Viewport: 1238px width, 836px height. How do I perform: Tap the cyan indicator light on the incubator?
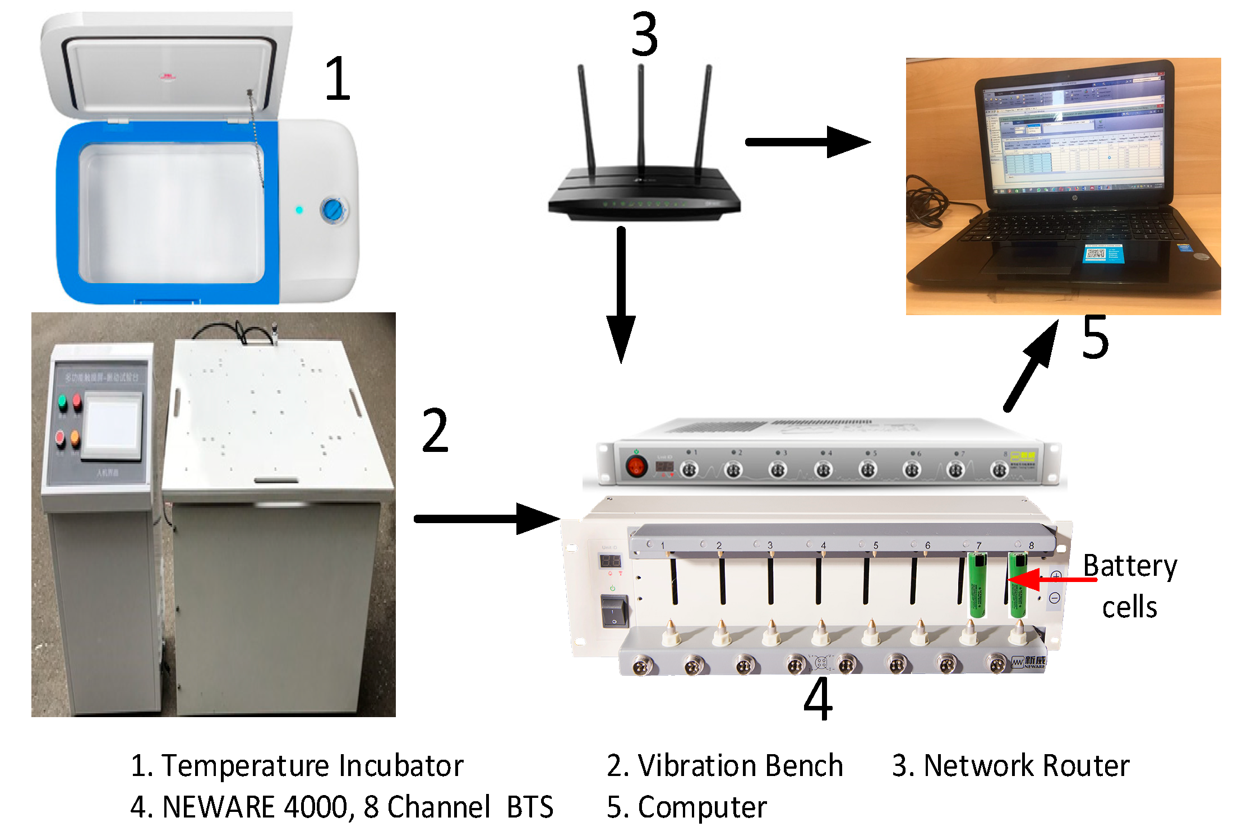299,210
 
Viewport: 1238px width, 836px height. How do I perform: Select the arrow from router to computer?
807,142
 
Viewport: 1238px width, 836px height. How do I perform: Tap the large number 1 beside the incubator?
338,78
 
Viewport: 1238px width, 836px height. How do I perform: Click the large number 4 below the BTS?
818,699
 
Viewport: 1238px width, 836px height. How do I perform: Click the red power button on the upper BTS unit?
636,466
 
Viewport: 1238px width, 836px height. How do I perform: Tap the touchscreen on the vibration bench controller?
113,426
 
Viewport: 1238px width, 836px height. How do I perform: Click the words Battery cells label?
1129,586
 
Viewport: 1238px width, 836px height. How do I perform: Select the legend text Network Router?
1026,766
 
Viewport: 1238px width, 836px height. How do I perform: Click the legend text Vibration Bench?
740,766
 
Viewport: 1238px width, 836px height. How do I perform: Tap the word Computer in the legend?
702,807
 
